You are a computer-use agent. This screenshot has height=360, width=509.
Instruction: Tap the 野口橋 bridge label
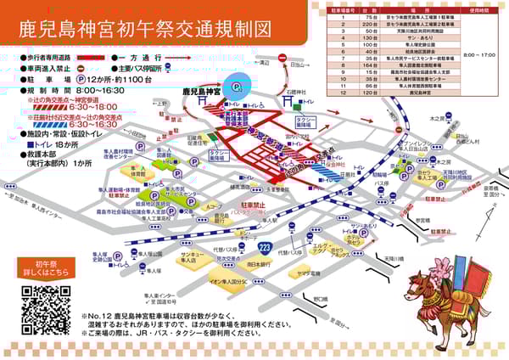tap(319, 299)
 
